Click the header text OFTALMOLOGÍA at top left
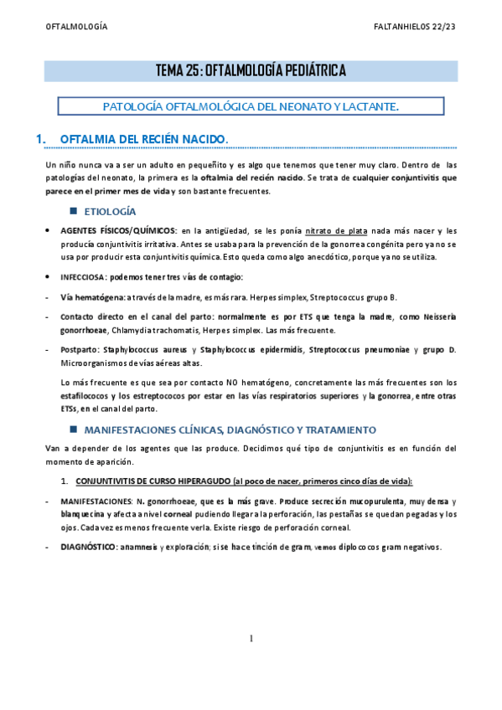[76, 27]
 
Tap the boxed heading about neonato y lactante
[251, 106]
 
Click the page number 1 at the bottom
[251, 639]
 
